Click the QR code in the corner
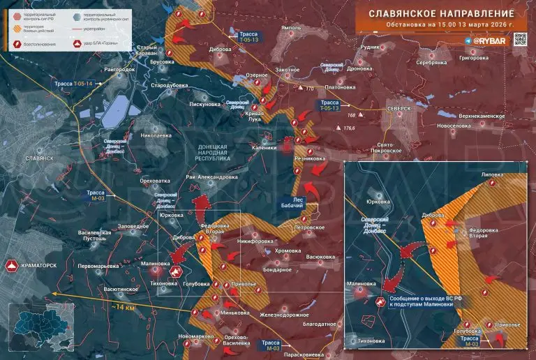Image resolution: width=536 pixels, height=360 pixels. click(x=520, y=40)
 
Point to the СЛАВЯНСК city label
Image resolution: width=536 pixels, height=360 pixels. click(x=39, y=158)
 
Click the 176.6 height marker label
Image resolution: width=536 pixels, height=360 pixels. click(x=349, y=128)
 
